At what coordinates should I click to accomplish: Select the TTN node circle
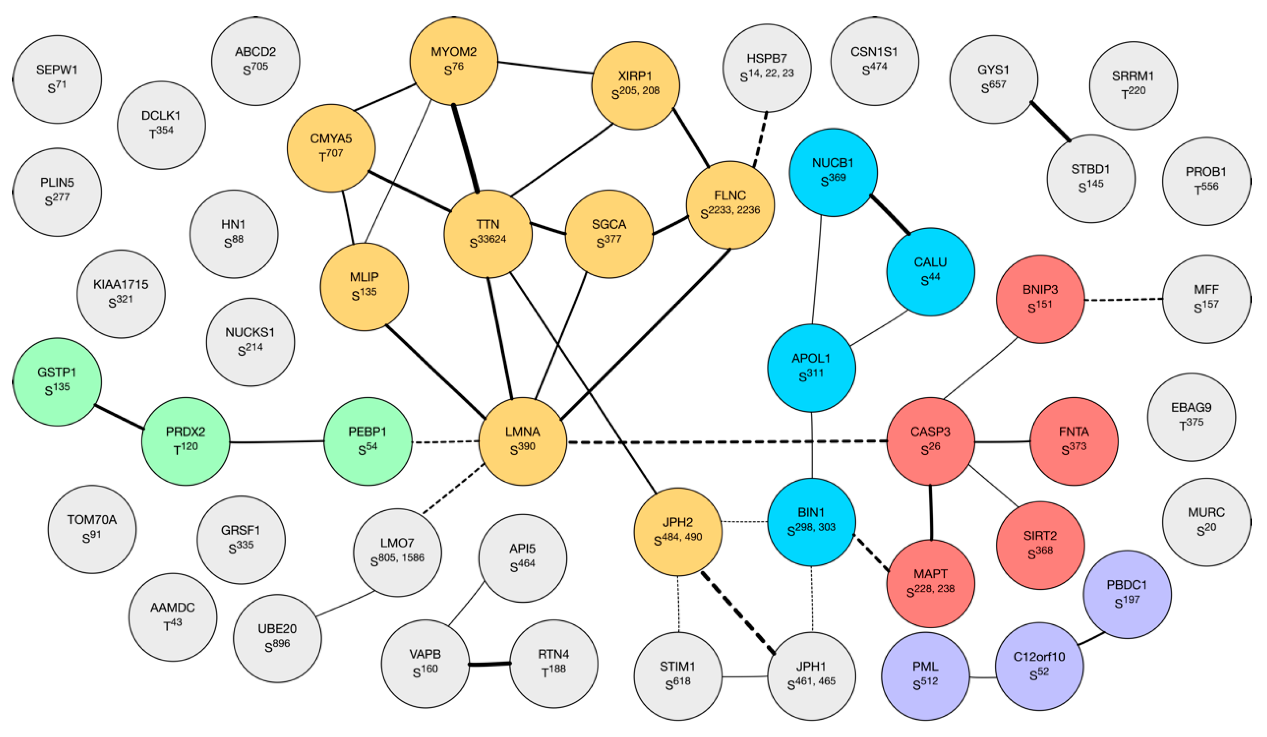click(488, 233)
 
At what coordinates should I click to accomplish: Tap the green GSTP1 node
click(57, 382)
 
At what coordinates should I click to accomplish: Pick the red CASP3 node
click(930, 441)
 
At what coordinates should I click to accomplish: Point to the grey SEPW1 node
click(57, 79)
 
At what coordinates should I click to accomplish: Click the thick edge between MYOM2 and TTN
click(466, 148)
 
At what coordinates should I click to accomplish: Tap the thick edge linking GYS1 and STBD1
click(1050, 121)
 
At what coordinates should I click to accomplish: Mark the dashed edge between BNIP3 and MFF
click(1123, 300)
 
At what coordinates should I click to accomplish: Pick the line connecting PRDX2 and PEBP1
click(277, 442)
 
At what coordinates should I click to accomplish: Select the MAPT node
click(930, 583)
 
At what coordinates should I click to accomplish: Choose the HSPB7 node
click(767, 68)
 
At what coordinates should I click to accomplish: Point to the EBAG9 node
click(1191, 416)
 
